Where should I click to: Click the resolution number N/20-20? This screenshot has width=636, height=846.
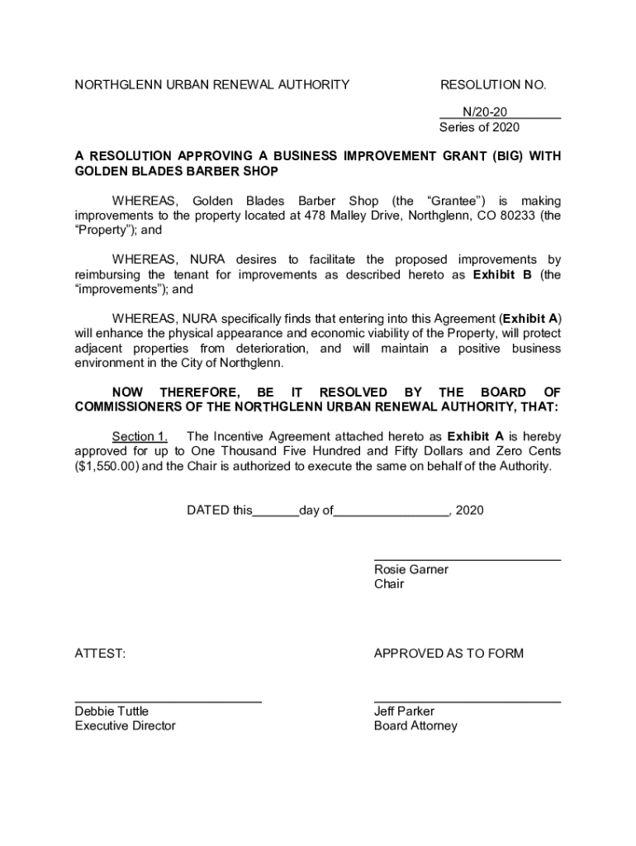coord(484,112)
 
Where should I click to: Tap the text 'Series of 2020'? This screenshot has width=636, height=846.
coord(479,127)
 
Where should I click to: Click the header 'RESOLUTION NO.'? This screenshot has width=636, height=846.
coord(493,84)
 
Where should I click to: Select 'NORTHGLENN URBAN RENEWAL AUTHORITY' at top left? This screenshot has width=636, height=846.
coord(211,84)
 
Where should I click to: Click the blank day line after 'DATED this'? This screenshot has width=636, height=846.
coord(275,511)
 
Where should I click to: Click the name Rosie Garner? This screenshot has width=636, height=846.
coord(411,569)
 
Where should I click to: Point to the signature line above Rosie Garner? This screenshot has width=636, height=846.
coord(467,560)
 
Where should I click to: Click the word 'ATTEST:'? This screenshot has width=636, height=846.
coord(101,654)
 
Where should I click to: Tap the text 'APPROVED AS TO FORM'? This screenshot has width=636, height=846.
coord(449,654)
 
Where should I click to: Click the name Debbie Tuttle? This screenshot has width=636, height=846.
coord(112,711)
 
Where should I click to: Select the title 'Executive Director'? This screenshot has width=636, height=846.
coord(125,726)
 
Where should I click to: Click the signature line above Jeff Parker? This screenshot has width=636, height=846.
coord(467,701)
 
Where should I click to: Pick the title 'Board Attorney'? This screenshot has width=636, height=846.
coord(415,726)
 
